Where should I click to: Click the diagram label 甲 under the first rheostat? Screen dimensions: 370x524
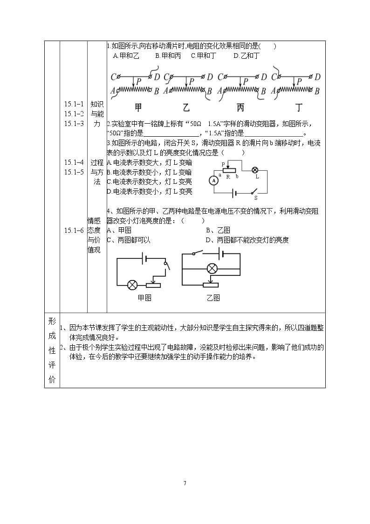point(138,107)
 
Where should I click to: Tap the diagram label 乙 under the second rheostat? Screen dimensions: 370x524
point(186,107)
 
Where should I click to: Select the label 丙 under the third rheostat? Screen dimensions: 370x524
point(240,107)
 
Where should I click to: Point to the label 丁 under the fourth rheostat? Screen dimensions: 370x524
point(299,107)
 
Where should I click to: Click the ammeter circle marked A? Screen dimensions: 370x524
point(213,181)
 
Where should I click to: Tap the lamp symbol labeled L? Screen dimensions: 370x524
point(256,169)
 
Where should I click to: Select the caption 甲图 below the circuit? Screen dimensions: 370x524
point(145,298)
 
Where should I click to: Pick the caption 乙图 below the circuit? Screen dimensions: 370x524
point(213,298)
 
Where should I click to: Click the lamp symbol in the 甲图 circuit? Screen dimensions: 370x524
point(132,285)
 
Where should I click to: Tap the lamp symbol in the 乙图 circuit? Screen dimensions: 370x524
point(212,268)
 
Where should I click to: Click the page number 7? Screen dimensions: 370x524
point(185,483)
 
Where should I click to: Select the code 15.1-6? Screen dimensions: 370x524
point(74,230)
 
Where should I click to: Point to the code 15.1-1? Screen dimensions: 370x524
point(74,104)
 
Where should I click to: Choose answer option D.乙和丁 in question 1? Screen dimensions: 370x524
point(247,56)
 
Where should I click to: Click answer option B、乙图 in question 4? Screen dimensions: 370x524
point(218,230)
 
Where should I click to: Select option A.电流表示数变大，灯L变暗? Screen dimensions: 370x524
point(150,163)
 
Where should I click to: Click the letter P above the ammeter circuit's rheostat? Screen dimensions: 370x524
point(223,164)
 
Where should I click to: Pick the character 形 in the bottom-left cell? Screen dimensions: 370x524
point(52,321)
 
